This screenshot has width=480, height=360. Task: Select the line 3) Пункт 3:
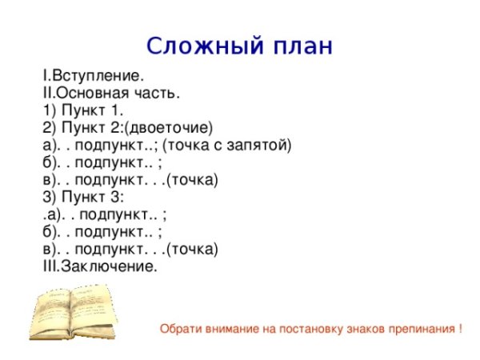[82, 197]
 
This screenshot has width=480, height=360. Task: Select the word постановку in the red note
[295, 329]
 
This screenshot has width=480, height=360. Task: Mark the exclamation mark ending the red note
[460, 329]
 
